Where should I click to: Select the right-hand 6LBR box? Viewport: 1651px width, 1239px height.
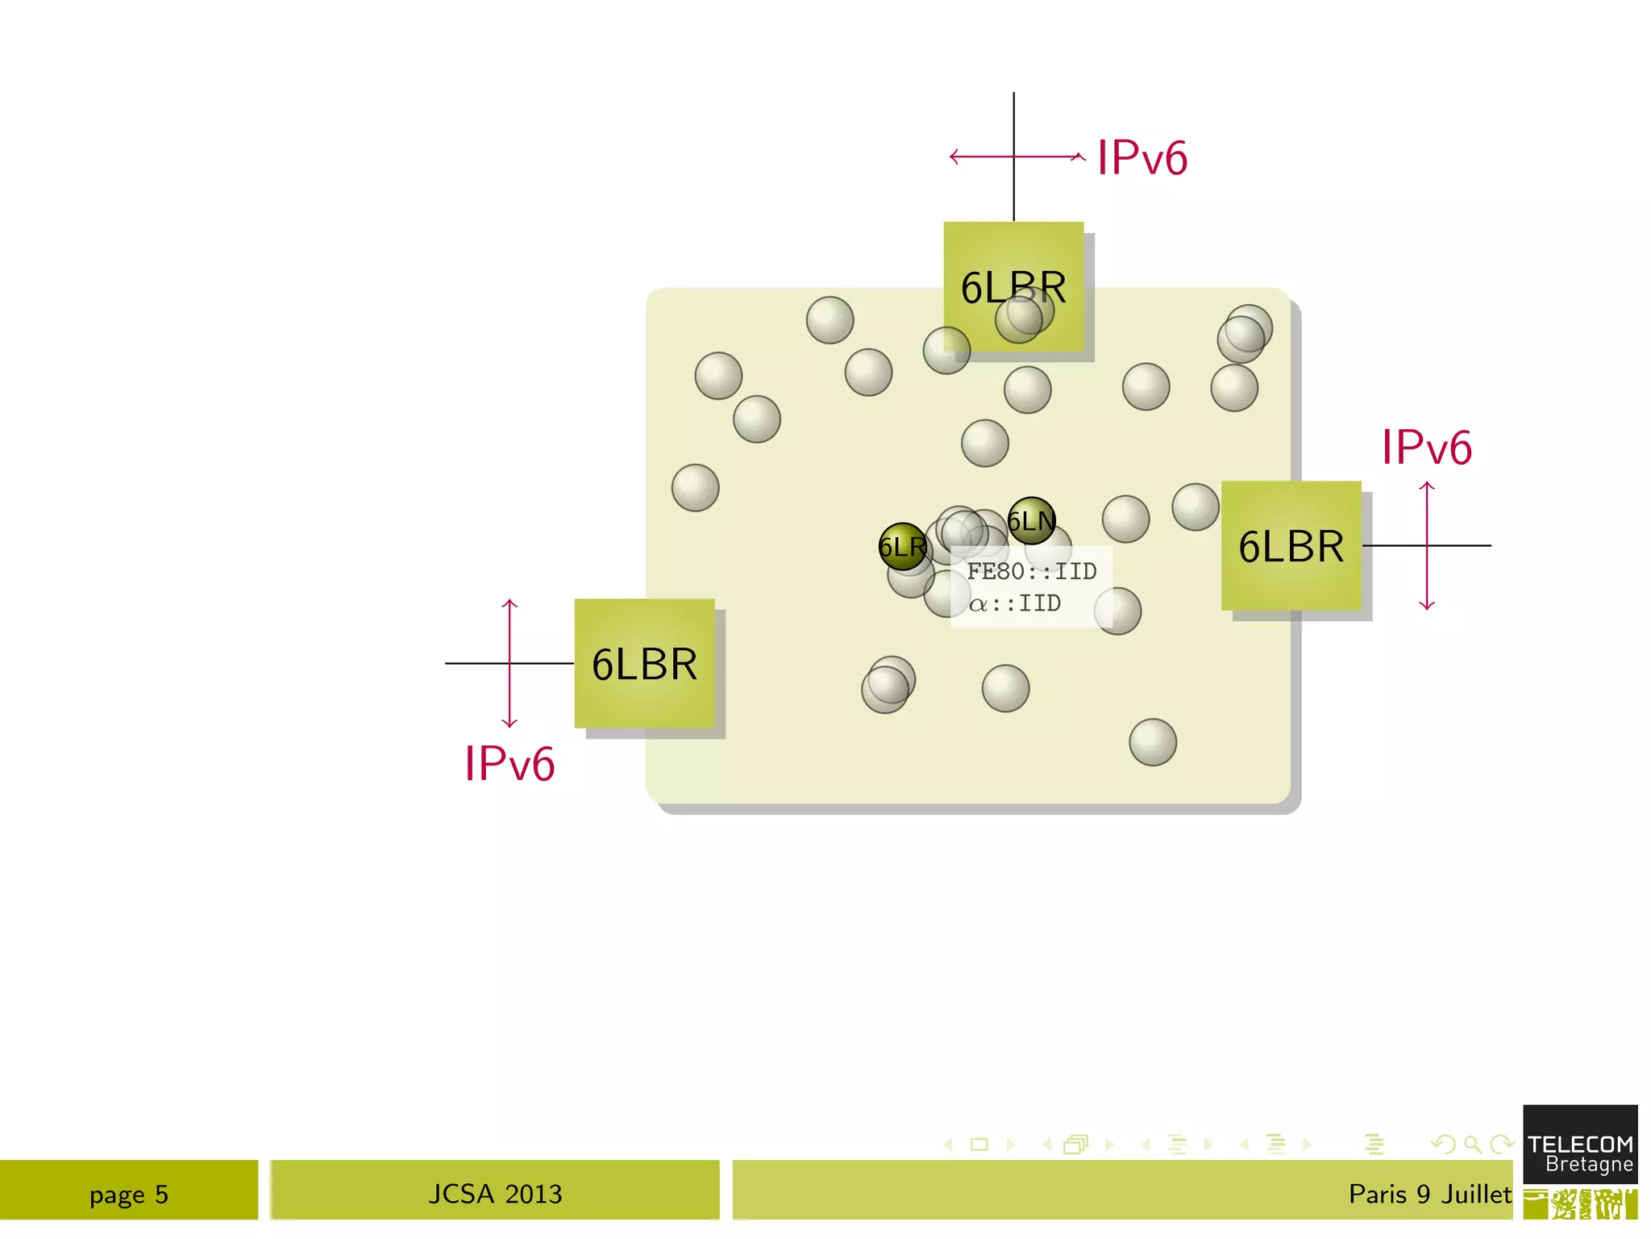point(1291,545)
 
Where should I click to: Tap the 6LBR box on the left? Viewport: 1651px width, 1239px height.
point(644,663)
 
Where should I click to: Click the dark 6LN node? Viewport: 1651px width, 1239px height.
point(1031,520)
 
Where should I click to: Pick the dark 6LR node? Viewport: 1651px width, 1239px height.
point(902,547)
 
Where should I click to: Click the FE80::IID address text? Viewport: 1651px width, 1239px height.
point(1031,571)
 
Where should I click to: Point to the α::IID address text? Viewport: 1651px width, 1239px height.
point(1014,603)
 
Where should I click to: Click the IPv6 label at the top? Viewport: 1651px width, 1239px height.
point(1142,157)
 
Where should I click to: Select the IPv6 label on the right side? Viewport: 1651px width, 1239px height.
point(1426,447)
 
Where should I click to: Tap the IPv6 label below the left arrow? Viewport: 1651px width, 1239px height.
point(509,763)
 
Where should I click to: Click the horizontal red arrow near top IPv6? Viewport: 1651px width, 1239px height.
point(1048,156)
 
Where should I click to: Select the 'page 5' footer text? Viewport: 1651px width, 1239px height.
point(129,1194)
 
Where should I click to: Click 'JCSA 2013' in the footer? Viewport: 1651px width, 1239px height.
point(495,1194)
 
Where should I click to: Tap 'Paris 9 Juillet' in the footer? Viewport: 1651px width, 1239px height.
point(1429,1194)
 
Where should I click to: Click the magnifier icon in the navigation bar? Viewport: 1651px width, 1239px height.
point(1472,1144)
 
